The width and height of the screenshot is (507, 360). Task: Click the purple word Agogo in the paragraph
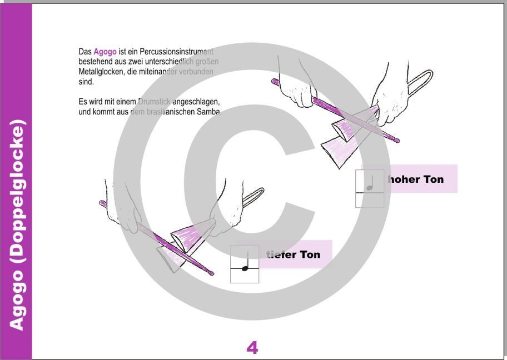click(105, 52)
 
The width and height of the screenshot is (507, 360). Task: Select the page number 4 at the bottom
click(252, 348)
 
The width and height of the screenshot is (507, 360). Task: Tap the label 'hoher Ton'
click(416, 179)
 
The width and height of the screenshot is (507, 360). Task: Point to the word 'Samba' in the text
click(209, 112)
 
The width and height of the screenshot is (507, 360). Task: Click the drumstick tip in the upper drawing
click(396, 139)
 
